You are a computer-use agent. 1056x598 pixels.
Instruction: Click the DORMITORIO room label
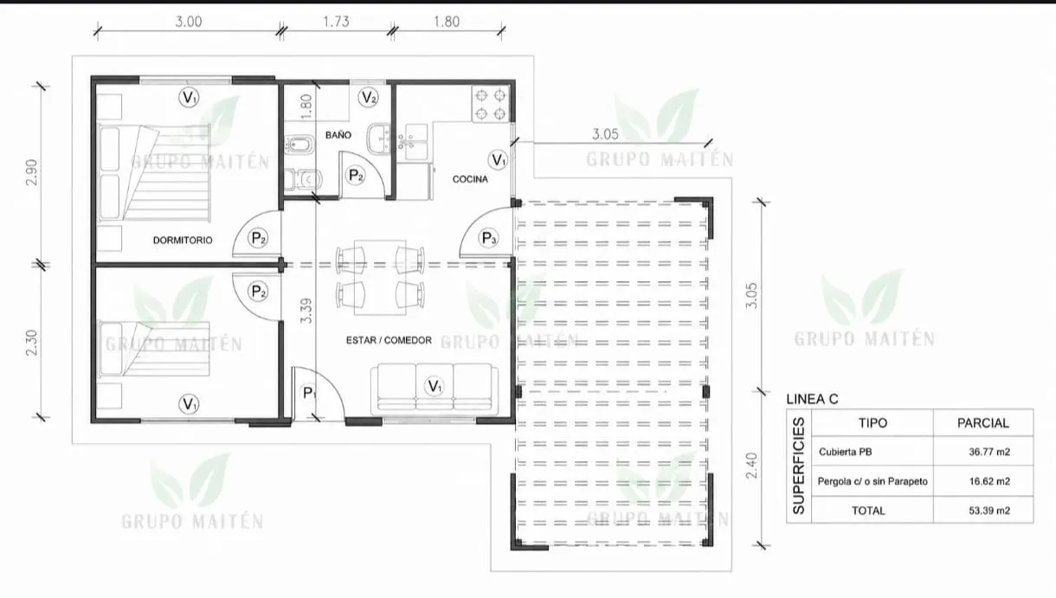pyautogui.click(x=183, y=241)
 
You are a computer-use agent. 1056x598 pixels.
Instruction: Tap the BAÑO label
pyautogui.click(x=338, y=135)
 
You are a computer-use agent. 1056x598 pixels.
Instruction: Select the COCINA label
pyautogui.click(x=470, y=179)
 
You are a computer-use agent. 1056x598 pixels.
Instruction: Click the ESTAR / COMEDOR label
pyautogui.click(x=389, y=340)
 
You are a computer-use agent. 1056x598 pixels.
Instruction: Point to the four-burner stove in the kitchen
pyautogui.click(x=490, y=104)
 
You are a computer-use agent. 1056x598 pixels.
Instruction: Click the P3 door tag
pyautogui.click(x=489, y=238)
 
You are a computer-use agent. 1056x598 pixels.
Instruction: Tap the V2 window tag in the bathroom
pyautogui.click(x=368, y=98)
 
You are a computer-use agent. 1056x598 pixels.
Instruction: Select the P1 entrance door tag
pyautogui.click(x=309, y=393)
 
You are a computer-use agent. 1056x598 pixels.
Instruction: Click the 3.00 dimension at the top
pyautogui.click(x=189, y=22)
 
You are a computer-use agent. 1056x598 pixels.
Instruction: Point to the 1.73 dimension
pyautogui.click(x=336, y=22)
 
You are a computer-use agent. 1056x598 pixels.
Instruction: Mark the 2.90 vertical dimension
pyautogui.click(x=31, y=172)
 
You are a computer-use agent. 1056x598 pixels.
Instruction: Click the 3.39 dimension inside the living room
pyautogui.click(x=306, y=311)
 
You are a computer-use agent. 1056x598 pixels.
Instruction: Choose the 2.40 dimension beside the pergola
pyautogui.click(x=752, y=466)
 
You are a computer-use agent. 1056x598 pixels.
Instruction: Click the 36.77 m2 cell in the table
pyautogui.click(x=989, y=452)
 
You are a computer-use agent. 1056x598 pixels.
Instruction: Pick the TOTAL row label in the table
pyautogui.click(x=868, y=511)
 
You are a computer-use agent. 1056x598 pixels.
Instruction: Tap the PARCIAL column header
pyautogui.click(x=983, y=423)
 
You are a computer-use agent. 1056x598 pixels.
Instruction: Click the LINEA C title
pyautogui.click(x=812, y=400)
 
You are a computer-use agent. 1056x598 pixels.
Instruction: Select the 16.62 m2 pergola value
pyautogui.click(x=989, y=482)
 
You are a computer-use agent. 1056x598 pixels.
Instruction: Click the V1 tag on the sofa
pyautogui.click(x=435, y=387)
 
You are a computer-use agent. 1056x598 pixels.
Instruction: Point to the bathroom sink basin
pyautogui.click(x=378, y=138)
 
